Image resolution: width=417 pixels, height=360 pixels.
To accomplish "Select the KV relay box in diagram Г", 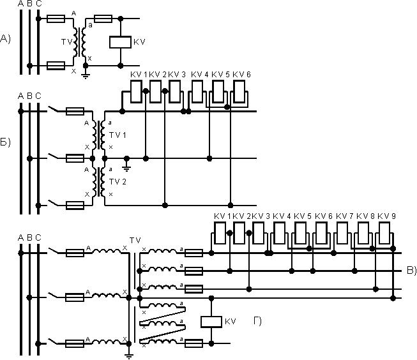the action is [x=211, y=321].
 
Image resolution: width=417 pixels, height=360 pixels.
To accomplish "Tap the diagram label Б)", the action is [x=6, y=141].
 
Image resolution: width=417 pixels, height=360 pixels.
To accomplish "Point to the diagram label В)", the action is [x=411, y=271].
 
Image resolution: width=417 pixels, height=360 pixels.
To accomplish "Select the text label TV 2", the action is [x=118, y=182].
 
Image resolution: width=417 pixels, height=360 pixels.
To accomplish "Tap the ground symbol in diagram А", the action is [x=86, y=73].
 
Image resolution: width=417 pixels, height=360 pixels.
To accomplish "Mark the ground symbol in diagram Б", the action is [x=126, y=167].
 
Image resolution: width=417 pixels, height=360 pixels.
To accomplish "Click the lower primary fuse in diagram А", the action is [x=56, y=65].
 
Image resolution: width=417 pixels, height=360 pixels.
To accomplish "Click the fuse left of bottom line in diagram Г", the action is [x=194, y=343].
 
